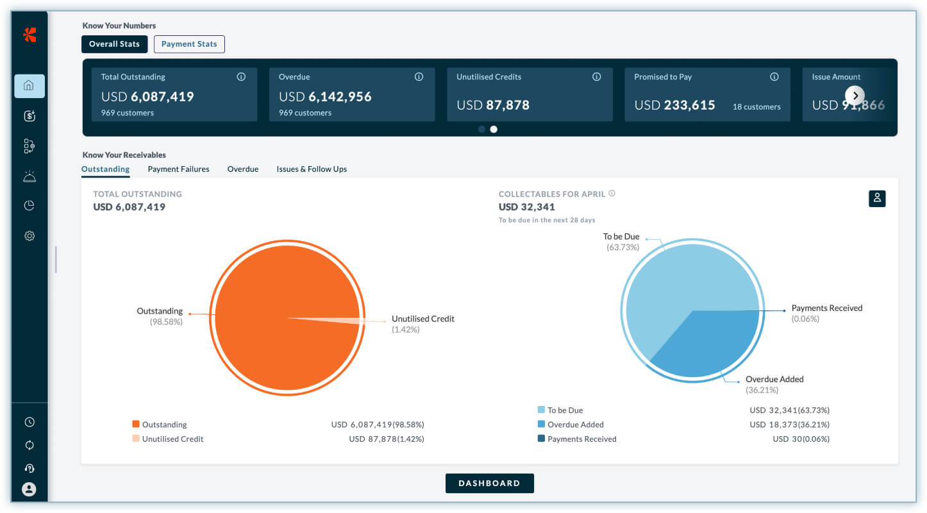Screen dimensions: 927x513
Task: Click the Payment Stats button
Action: point(189,44)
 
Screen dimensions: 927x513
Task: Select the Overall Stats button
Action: point(114,44)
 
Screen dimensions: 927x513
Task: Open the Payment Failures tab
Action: point(178,169)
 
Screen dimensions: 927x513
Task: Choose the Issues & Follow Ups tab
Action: point(312,169)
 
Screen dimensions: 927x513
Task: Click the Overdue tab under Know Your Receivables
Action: point(243,169)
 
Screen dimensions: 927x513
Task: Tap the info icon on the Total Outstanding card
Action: point(241,76)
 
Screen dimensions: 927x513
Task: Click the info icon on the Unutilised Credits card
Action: point(596,76)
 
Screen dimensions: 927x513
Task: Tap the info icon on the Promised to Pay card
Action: point(774,76)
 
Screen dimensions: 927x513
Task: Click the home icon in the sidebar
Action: point(29,86)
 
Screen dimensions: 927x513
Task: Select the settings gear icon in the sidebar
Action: point(29,236)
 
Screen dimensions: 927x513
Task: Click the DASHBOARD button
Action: point(490,484)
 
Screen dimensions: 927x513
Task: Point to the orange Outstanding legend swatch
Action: point(136,424)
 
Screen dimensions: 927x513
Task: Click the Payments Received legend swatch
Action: point(541,439)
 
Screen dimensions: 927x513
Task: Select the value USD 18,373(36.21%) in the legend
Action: point(790,425)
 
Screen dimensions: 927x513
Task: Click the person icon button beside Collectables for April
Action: point(877,199)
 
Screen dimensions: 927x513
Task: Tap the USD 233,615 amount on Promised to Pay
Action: point(674,105)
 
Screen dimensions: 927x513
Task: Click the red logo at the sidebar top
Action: point(29,35)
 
